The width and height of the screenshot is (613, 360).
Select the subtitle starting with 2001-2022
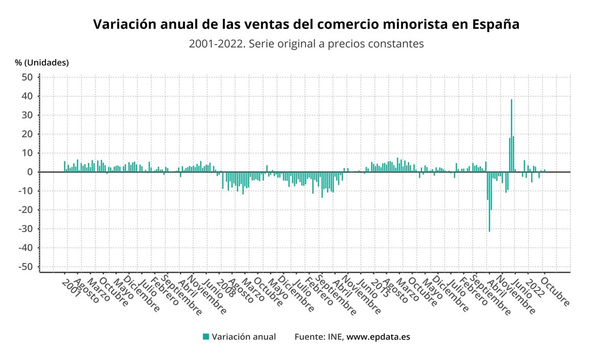(306, 44)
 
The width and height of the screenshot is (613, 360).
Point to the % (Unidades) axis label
(41, 63)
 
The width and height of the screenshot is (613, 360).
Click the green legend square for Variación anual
(206, 337)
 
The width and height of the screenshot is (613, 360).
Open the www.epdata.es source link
(379, 337)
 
